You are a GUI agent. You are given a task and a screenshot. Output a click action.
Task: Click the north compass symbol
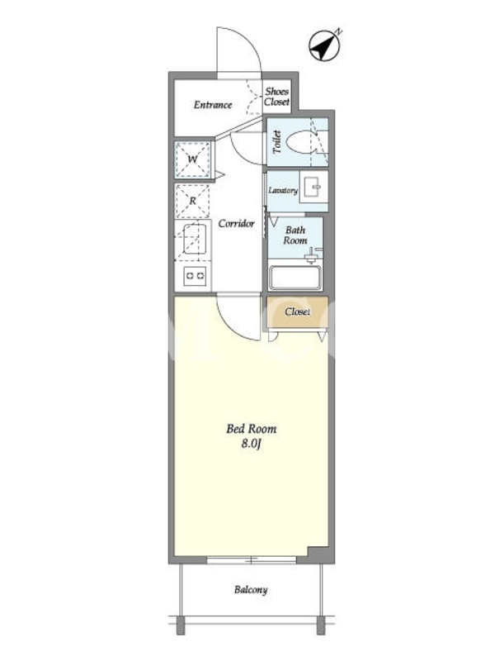coord(325,45)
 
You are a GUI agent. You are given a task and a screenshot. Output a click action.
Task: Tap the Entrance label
coord(213,105)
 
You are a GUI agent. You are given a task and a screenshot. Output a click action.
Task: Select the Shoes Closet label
coord(276,97)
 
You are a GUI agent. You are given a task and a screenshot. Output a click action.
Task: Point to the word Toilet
coord(276,142)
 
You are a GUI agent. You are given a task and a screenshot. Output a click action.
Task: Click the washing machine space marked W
coord(192,159)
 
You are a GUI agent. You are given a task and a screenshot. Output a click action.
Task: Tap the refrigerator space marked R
coord(192,201)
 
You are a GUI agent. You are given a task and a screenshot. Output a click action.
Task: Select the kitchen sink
coord(195,238)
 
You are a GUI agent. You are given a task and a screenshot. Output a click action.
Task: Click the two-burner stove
coord(195,276)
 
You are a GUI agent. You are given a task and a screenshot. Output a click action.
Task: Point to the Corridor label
coord(236,223)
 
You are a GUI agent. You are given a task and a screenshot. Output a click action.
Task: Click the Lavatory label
coord(283,191)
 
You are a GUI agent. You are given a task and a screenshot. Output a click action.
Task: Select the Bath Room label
coord(295,235)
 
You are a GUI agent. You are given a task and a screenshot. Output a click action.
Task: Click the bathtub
coord(295,278)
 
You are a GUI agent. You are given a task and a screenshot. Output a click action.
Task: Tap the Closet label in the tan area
coord(297,311)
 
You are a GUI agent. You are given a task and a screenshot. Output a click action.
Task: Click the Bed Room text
coord(252,429)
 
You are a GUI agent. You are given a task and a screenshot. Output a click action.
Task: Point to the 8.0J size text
coord(252,444)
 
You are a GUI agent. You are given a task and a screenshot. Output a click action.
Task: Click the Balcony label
coord(251,589)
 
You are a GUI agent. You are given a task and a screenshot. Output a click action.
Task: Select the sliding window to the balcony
coord(252,560)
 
